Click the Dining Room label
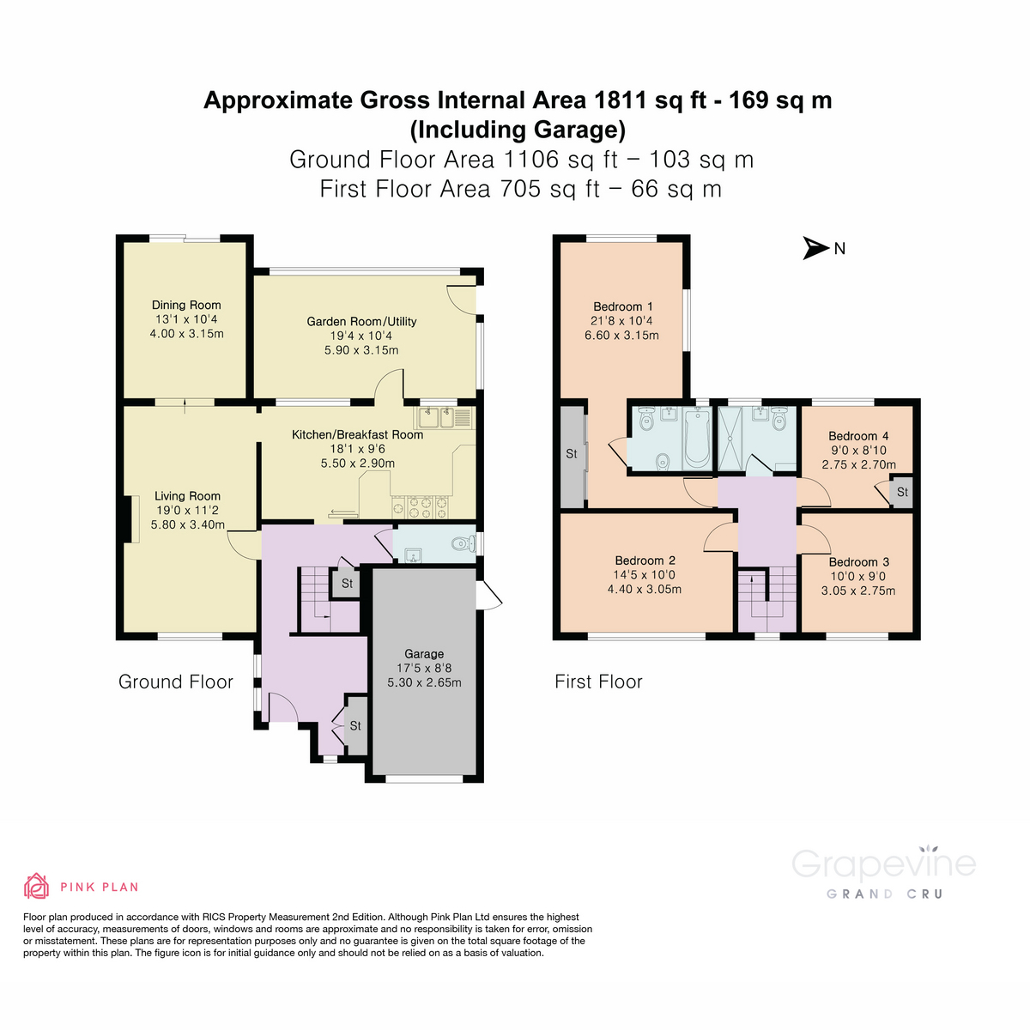coord(186,305)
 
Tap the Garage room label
coord(424,654)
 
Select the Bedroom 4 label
coord(858,436)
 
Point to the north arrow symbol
coord(815,248)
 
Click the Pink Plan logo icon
coord(36,886)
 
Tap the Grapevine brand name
coord(883,864)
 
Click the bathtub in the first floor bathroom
coord(697,437)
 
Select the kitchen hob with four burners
coord(421,506)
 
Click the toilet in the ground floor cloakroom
coord(461,543)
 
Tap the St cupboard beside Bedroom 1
coord(572,454)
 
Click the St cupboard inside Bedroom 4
coord(902,493)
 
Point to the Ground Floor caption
coord(176,682)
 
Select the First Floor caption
coord(598,682)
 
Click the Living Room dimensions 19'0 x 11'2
coord(187,510)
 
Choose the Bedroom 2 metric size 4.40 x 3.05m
coord(644,590)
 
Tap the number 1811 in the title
coord(621,100)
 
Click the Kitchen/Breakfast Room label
coord(357,434)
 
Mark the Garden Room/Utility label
coord(361,322)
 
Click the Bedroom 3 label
coord(858,562)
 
